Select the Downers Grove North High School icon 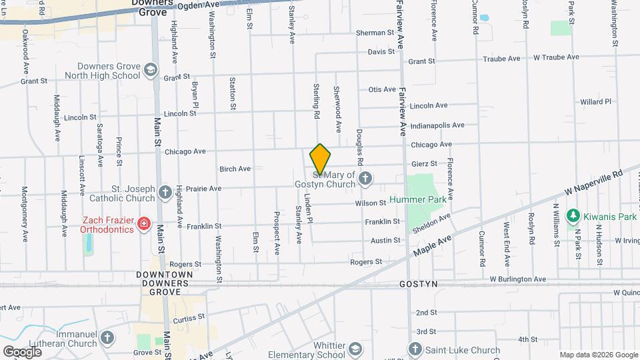pyautogui.click(x=151, y=71)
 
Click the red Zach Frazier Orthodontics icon pyautogui.click(x=143, y=224)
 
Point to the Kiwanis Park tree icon pyautogui.click(x=571, y=215)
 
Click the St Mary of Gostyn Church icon pyautogui.click(x=365, y=178)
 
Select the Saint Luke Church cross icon pyautogui.click(x=415, y=350)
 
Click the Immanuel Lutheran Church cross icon pyautogui.click(x=106, y=339)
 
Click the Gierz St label pyautogui.click(x=424, y=163)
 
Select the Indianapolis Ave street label pyautogui.click(x=437, y=125)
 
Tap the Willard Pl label pyautogui.click(x=595, y=102)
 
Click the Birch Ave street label pyautogui.click(x=235, y=169)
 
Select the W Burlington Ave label pyautogui.click(x=517, y=279)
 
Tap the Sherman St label pyautogui.click(x=375, y=33)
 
